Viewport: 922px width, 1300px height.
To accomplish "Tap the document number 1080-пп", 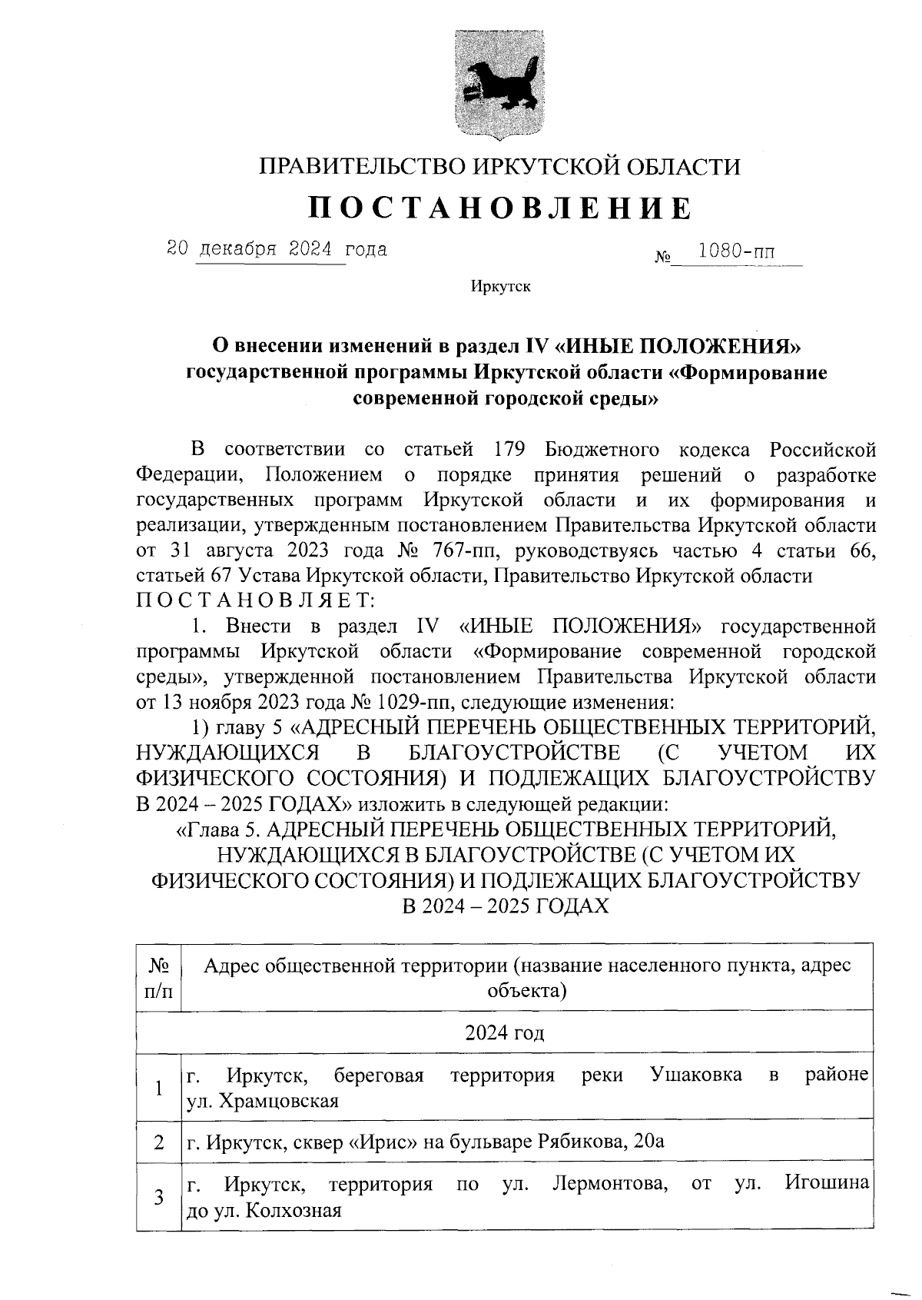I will [x=736, y=251].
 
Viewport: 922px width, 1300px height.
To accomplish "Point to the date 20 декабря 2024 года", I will [x=277, y=249].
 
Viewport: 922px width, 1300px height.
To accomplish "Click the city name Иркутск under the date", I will [x=500, y=287].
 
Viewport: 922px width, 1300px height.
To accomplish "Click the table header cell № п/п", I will [x=158, y=976].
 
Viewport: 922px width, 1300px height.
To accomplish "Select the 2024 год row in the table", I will [x=504, y=1032].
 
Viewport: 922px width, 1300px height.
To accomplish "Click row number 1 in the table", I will [x=158, y=1088].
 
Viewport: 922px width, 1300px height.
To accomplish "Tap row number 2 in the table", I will [x=158, y=1142].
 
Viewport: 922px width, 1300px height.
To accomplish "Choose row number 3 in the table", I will [x=158, y=1197].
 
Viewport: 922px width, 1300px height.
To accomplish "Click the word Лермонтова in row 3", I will [x=609, y=1183].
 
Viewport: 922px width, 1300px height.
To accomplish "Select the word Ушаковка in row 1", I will [x=696, y=1074].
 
